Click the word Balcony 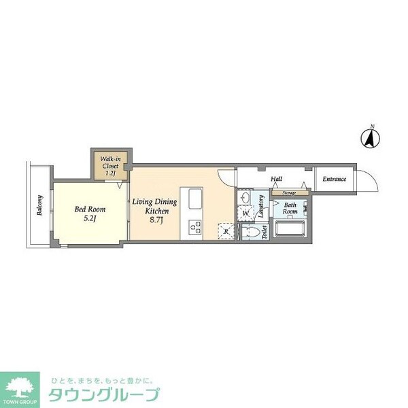[x=40, y=205]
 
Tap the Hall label [x=276, y=180]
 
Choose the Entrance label [x=334, y=180]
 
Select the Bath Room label [x=290, y=208]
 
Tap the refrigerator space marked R [x=225, y=231]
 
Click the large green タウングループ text [x=103, y=394]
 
